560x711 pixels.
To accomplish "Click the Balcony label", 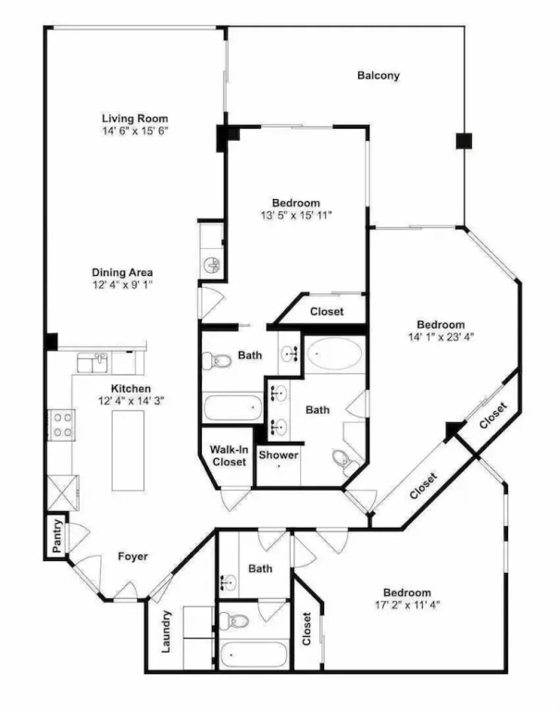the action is click(379, 75).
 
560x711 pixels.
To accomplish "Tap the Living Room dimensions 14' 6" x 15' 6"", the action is click(135, 131).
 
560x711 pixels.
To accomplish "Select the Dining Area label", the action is click(122, 272).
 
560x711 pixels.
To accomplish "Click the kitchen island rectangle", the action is click(129, 450).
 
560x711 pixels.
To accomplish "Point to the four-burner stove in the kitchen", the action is click(62, 425).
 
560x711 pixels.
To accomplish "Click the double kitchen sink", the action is click(93, 363).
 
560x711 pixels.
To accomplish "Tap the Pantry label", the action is click(57, 536).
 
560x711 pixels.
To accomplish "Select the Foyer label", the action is click(133, 556).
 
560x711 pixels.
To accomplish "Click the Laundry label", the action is click(167, 631).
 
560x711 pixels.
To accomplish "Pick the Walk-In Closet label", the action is click(229, 455).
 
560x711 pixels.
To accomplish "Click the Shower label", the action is click(279, 455).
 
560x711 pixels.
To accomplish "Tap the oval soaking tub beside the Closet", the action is click(335, 354).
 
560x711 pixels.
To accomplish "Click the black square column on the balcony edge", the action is click(464, 141).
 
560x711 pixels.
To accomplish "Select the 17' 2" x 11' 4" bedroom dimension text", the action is click(407, 605).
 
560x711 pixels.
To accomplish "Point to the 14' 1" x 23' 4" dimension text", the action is click(441, 337).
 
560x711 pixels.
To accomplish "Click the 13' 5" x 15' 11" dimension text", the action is click(296, 215).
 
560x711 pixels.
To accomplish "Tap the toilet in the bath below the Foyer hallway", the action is click(233, 619).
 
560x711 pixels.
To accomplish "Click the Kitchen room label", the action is click(131, 389).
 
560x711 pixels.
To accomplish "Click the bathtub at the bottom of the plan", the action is click(254, 655).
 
